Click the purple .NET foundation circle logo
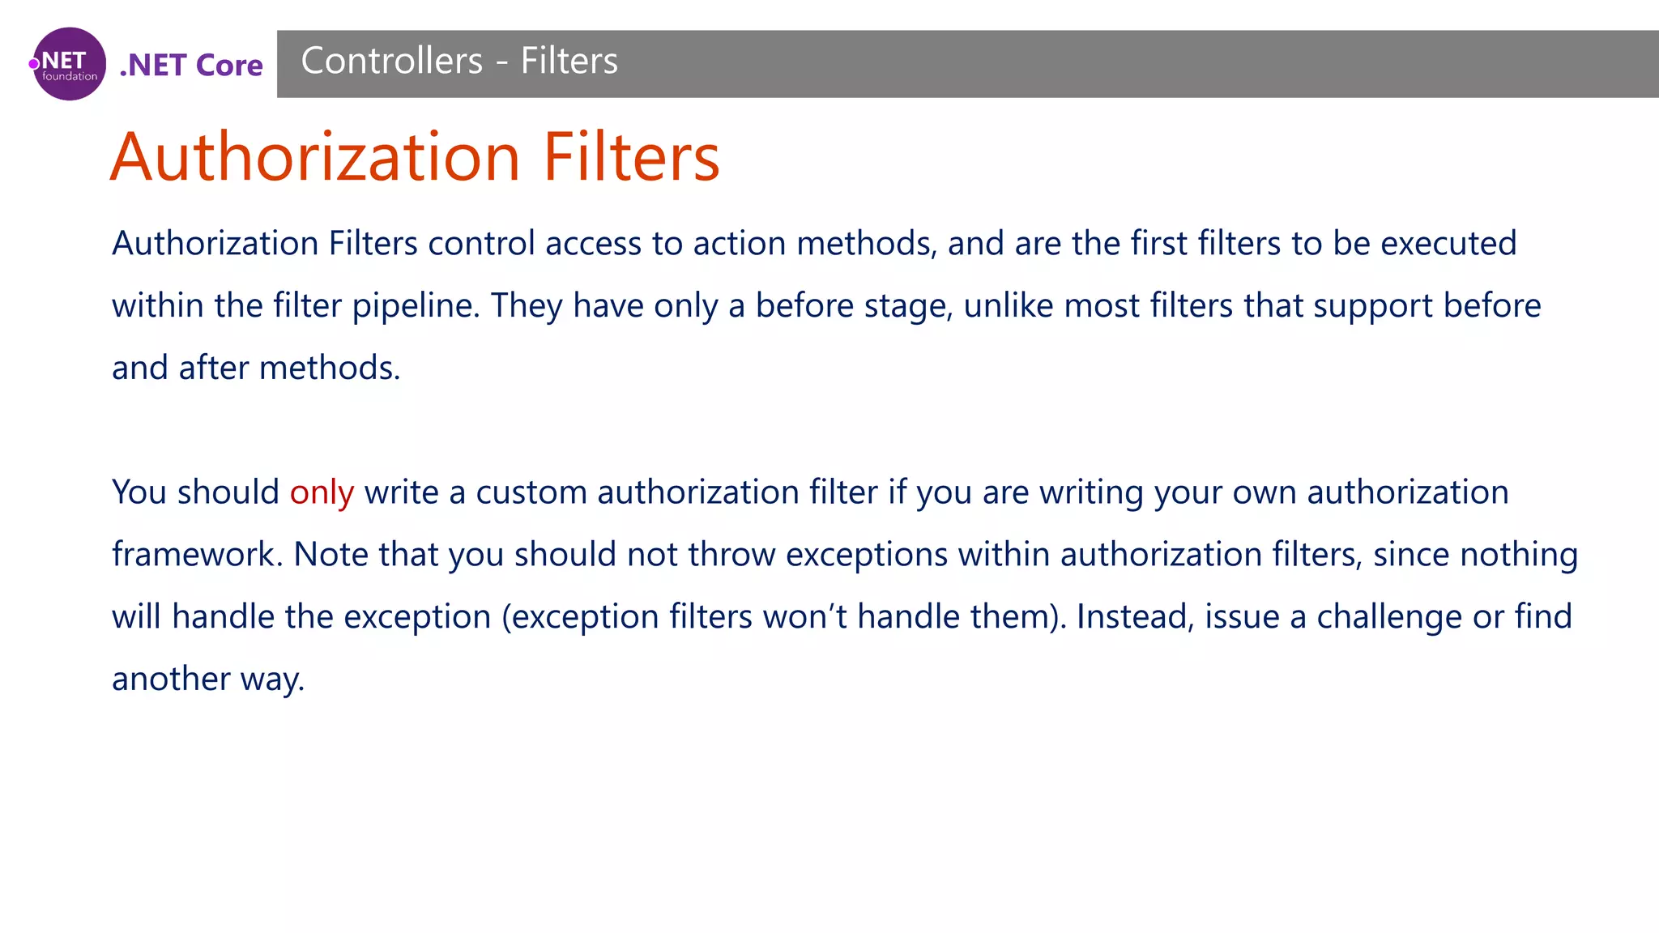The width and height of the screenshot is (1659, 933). (x=69, y=64)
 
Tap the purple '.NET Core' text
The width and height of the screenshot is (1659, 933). (x=191, y=65)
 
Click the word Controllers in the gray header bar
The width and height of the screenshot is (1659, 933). (x=392, y=61)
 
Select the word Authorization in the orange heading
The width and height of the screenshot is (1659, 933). (x=315, y=156)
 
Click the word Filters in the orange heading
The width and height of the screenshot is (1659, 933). (x=631, y=156)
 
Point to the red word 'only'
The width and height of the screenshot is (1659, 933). (x=322, y=492)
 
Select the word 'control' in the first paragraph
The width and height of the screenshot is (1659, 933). (x=481, y=243)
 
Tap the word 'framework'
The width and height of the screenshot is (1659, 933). (x=197, y=555)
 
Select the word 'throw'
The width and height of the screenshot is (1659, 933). (x=731, y=555)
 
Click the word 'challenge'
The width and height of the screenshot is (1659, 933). (x=1389, y=617)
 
